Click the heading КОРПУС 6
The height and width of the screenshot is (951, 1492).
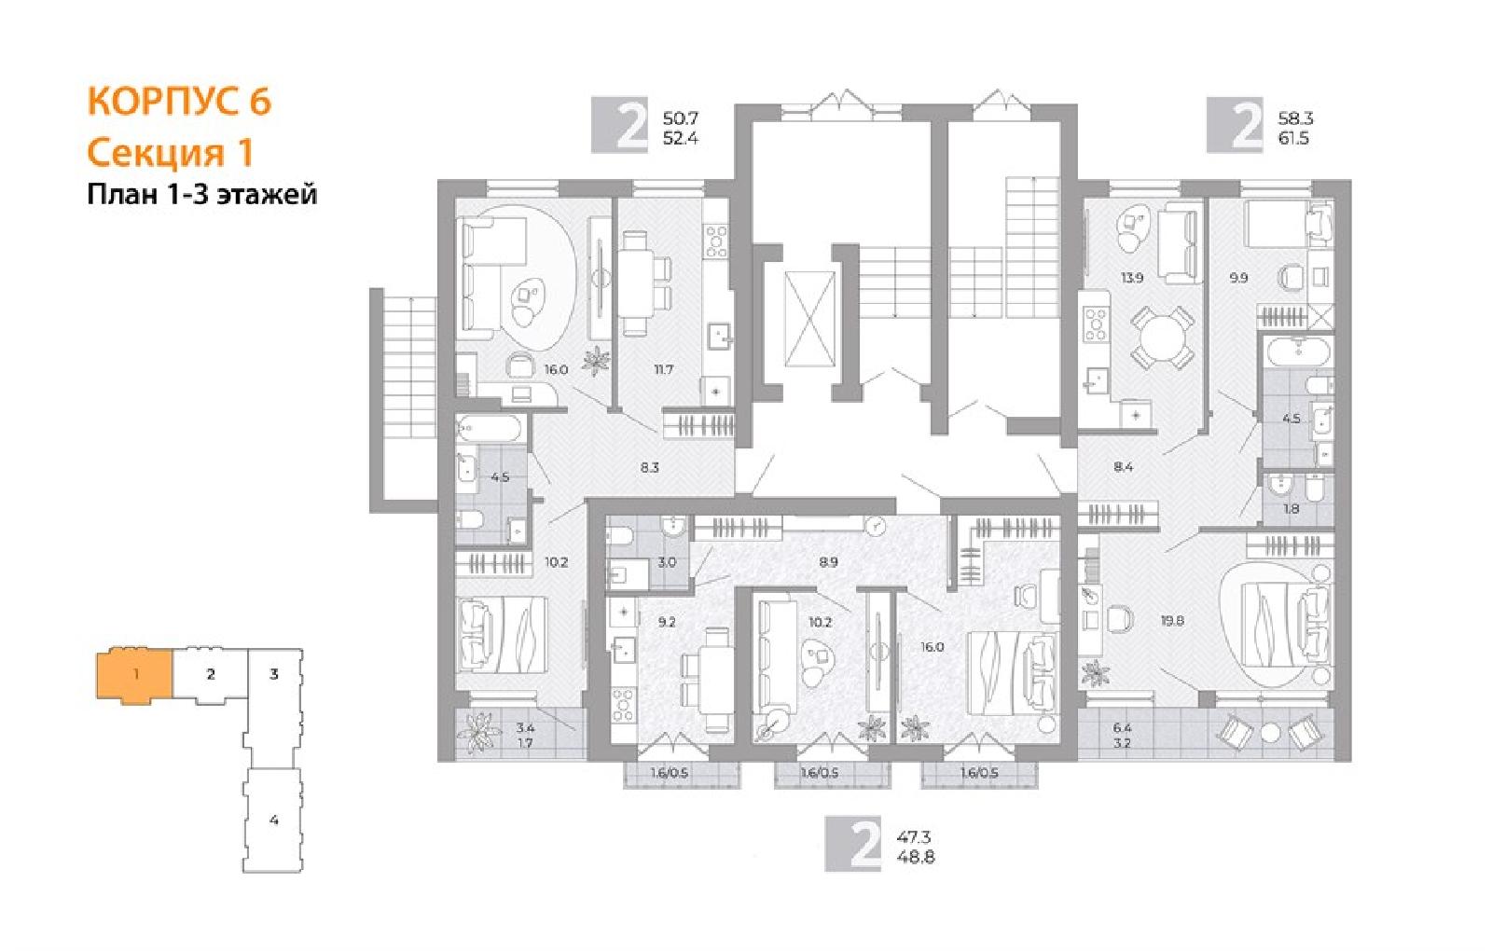pyautogui.click(x=179, y=102)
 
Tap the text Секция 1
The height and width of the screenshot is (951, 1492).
pyautogui.click(x=171, y=153)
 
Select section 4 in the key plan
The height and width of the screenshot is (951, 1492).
pyautogui.click(x=273, y=820)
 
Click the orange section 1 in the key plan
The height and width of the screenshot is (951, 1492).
pyautogui.click(x=135, y=674)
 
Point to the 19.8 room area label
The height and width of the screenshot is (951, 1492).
pyautogui.click(x=1172, y=621)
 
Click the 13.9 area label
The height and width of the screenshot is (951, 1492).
pyautogui.click(x=1132, y=278)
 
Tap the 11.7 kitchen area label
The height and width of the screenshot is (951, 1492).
pyautogui.click(x=663, y=369)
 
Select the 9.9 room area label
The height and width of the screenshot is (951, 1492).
pyautogui.click(x=1238, y=278)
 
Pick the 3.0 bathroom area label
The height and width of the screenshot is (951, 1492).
pyautogui.click(x=667, y=562)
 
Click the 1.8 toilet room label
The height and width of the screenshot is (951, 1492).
pyautogui.click(x=1291, y=509)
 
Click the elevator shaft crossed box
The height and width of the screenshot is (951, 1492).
pyautogui.click(x=809, y=319)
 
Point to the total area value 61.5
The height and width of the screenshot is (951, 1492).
pyautogui.click(x=1293, y=139)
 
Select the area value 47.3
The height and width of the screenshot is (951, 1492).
pyautogui.click(x=914, y=836)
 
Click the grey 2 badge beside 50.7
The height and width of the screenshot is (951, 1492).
pyautogui.click(x=619, y=125)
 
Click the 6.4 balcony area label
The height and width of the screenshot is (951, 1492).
pyautogui.click(x=1122, y=728)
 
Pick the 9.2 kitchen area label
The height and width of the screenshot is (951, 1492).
pyautogui.click(x=667, y=622)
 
